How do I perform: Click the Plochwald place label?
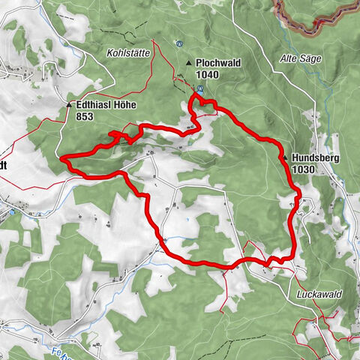point(219,64)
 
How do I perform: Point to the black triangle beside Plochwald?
point(189,64)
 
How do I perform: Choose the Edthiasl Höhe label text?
point(106,106)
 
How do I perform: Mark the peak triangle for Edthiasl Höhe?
point(68,106)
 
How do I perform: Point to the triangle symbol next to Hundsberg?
point(286,158)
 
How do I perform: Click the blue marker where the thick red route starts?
point(200,89)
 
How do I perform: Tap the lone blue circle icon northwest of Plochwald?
point(178,43)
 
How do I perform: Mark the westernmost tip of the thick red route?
point(61,158)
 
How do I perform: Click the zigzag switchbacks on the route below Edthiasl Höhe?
point(116,135)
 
